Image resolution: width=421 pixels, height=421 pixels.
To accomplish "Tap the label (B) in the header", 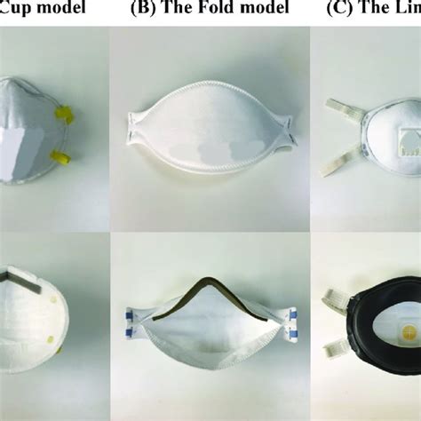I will [x=143, y=8].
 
